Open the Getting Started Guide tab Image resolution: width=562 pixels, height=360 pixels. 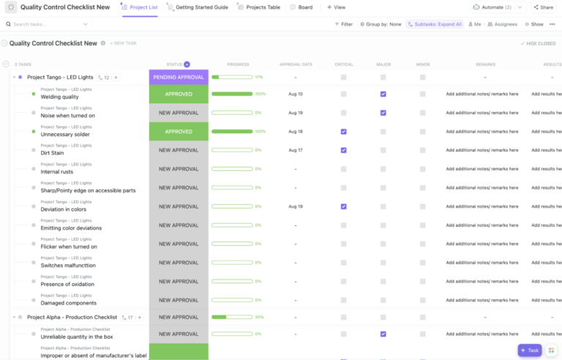[201, 7]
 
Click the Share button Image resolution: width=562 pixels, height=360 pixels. [542, 7]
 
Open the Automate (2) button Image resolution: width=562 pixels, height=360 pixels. [498, 7]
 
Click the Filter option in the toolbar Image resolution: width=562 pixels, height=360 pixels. [342, 24]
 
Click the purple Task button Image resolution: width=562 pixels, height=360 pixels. [530, 350]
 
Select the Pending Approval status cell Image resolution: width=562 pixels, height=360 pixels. [179, 77]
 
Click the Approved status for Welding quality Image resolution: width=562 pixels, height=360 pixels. [179, 94]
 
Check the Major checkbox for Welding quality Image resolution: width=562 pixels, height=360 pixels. [383, 94]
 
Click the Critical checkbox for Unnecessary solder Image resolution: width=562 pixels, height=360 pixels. [343, 132]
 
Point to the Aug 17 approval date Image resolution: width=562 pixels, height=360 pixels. [295, 150]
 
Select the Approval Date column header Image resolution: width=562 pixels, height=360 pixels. [296, 64]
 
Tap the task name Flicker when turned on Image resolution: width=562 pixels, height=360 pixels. [69, 247]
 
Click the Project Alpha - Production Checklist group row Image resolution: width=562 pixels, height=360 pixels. [72, 318]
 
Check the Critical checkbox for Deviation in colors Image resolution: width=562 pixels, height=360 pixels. [343, 206]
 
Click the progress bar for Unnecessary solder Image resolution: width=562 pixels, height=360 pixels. [232, 132]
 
